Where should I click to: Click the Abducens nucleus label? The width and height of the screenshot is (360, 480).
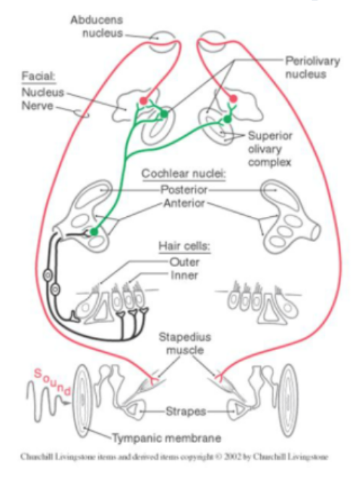tap(97, 26)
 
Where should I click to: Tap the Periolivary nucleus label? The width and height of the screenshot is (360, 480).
tap(312, 67)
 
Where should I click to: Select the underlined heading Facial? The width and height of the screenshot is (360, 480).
tap(38, 76)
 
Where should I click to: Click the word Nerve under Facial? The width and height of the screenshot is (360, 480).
tap(38, 106)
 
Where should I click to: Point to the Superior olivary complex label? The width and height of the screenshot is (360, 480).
tap(270, 149)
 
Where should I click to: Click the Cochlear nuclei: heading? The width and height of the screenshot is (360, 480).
tap(184, 174)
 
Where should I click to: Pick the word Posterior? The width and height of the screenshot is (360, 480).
tap(184, 190)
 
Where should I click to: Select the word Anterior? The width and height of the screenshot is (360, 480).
tap(184, 203)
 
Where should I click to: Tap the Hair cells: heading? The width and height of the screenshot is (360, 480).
tap(184, 246)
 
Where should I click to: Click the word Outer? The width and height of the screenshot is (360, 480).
tap(184, 262)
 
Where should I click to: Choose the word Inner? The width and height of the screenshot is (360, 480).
tap(184, 275)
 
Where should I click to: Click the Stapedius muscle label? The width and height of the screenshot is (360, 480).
tap(185, 343)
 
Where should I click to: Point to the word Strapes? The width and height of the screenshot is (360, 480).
tap(186, 411)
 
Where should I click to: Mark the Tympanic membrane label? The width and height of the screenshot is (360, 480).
tap(166, 438)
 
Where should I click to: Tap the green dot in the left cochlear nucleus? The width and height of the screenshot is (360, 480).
tap(94, 231)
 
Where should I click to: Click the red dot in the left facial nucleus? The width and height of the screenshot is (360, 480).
tap(144, 100)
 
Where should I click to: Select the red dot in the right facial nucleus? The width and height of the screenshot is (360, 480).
tap(233, 98)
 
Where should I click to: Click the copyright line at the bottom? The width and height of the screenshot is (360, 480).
tap(174, 457)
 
